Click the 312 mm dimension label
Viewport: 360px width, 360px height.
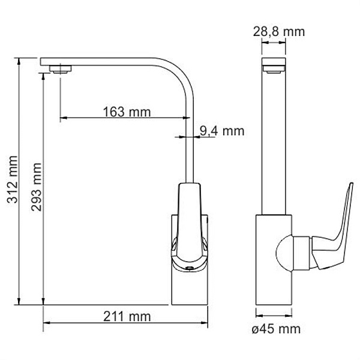[x=13, y=179]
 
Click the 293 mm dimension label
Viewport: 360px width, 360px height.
[x=37, y=187]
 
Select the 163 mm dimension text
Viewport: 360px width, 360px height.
[x=127, y=112]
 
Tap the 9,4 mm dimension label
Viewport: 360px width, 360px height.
[x=221, y=131]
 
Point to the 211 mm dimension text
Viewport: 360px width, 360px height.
[x=127, y=317]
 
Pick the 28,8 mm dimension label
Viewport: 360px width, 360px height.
[x=279, y=31]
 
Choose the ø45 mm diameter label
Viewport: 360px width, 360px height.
[x=276, y=329]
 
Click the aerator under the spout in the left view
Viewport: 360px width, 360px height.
[x=61, y=69]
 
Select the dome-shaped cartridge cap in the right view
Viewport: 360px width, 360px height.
[x=284, y=254]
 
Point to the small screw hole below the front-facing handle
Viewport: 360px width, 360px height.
[x=190, y=268]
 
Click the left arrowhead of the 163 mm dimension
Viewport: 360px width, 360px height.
[x=64, y=118]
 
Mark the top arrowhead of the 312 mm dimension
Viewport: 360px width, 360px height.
[x=19, y=61]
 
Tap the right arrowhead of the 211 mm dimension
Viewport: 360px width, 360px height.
[x=205, y=323]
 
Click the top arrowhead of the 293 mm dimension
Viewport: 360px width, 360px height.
[x=43, y=77]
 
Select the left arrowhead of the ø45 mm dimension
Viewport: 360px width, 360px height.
[x=259, y=316]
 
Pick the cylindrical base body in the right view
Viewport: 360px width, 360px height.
[x=274, y=260]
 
